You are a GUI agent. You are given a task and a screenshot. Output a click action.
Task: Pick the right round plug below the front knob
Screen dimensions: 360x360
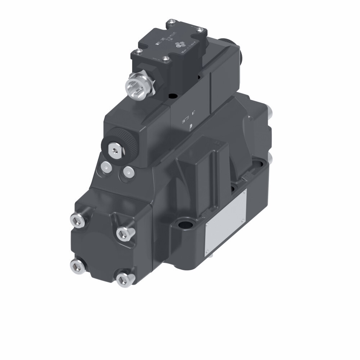pyautogui.click(x=128, y=172)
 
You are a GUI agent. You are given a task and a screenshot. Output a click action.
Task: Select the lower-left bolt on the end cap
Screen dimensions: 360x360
pyautogui.click(x=77, y=266)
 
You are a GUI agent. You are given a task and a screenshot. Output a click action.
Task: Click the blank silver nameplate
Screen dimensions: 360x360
pyautogui.click(x=226, y=223)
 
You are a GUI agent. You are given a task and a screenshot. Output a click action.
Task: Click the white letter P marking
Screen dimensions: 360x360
pyautogui.click(x=191, y=126)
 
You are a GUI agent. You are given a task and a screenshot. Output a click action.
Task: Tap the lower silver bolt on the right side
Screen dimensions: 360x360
pyautogui.click(x=270, y=158)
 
